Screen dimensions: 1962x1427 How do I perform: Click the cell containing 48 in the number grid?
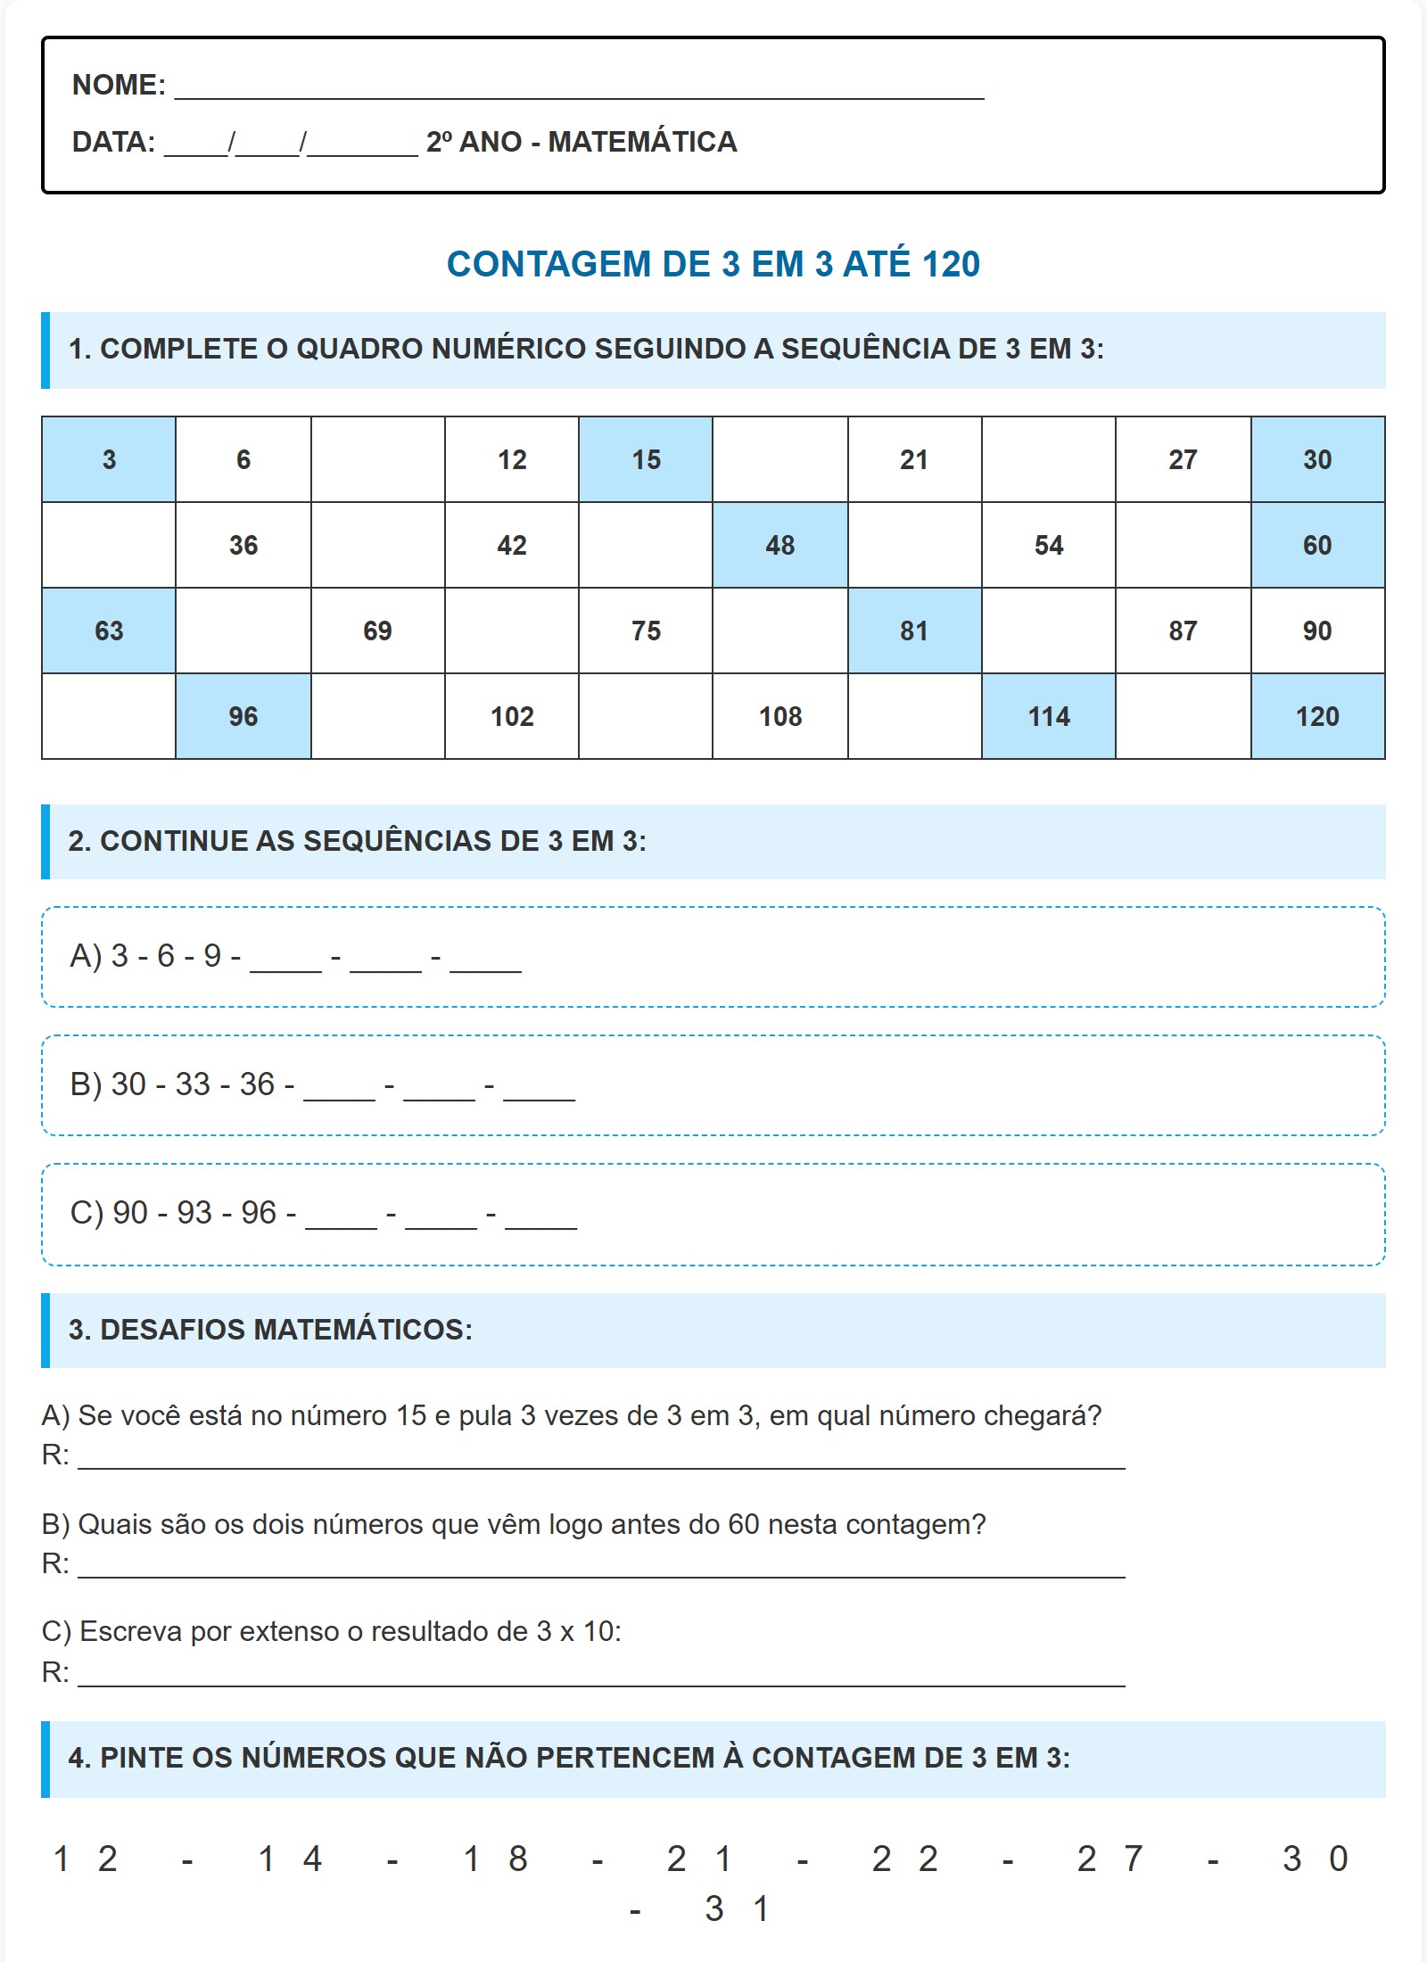coord(779,545)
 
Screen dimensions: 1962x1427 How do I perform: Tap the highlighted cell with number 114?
coord(1048,716)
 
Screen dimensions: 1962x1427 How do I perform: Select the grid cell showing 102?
coord(512,716)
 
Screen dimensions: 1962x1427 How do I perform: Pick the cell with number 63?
coord(109,631)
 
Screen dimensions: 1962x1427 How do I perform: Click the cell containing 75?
coord(646,631)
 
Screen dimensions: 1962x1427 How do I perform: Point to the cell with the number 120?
coord(1317,716)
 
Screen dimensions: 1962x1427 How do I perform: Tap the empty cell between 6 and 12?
coord(377,459)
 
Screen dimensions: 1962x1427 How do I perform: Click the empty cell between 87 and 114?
coord(1183,716)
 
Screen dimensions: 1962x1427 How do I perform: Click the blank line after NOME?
coord(580,87)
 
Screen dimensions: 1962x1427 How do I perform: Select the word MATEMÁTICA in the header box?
coord(642,142)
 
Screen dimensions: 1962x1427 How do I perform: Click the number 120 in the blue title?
coord(951,264)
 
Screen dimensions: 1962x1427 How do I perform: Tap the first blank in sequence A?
coord(285,960)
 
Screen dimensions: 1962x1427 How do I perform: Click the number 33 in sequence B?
coord(193,1084)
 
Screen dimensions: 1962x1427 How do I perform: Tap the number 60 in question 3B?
coord(743,1524)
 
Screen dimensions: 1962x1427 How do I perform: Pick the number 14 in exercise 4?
coord(290,1859)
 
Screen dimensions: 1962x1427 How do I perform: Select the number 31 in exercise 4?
coord(737,1909)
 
